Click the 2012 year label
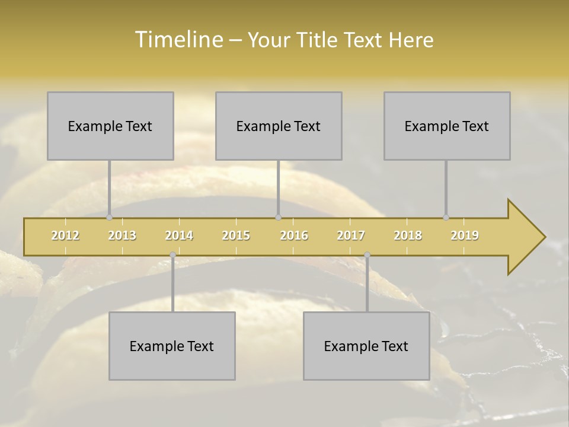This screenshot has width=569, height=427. pyautogui.click(x=65, y=235)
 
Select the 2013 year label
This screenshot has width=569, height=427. pyautogui.click(x=122, y=235)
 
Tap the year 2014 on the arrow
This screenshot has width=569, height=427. pyautogui.click(x=179, y=235)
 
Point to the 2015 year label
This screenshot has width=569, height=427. pyautogui.click(x=236, y=235)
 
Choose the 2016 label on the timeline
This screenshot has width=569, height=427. pyautogui.click(x=294, y=235)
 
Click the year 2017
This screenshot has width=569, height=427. pyautogui.click(x=351, y=235)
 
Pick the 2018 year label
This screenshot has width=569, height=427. pyautogui.click(x=408, y=235)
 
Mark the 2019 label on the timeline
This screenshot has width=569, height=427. pyautogui.click(x=465, y=235)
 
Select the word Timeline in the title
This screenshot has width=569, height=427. pyautogui.click(x=177, y=40)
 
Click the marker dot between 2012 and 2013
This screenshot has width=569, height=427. pyautogui.click(x=109, y=218)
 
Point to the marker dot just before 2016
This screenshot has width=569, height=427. pyautogui.click(x=279, y=218)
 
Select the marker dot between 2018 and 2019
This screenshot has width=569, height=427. pyautogui.click(x=446, y=218)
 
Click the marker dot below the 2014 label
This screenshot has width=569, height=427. pyautogui.click(x=172, y=255)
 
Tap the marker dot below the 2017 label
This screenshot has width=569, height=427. pyautogui.click(x=367, y=255)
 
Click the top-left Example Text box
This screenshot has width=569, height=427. pyautogui.click(x=110, y=126)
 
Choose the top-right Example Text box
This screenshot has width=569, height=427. pyautogui.click(x=447, y=126)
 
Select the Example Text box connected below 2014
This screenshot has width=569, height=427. pyautogui.click(x=172, y=346)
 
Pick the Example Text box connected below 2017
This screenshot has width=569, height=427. pyautogui.click(x=366, y=346)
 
